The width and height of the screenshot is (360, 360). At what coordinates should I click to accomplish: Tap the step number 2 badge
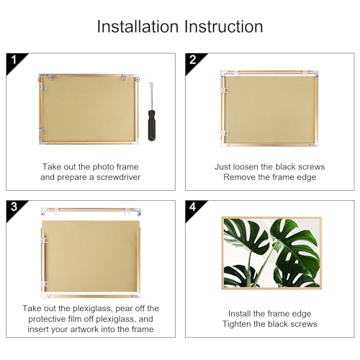tap(192, 60)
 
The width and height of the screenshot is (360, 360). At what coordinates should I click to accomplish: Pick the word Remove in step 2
tap(240, 176)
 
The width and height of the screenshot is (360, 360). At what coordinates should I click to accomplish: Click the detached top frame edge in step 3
tap(90, 210)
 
